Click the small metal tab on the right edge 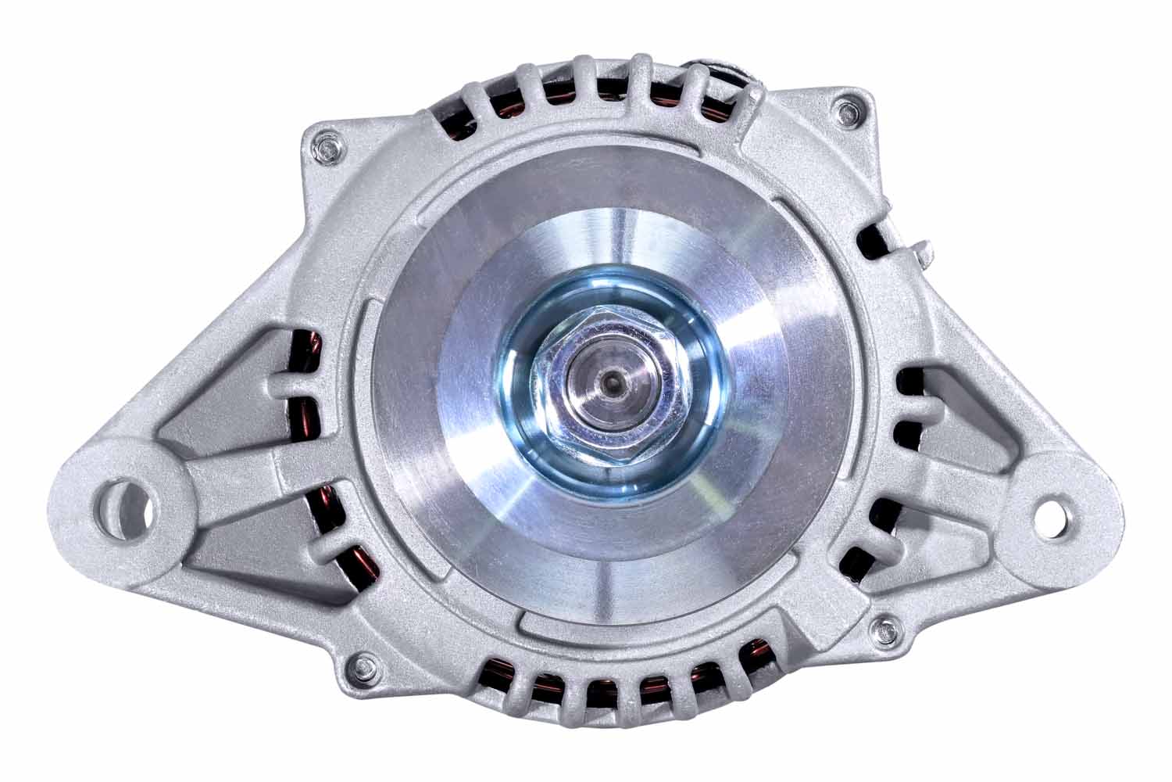[923, 251]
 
